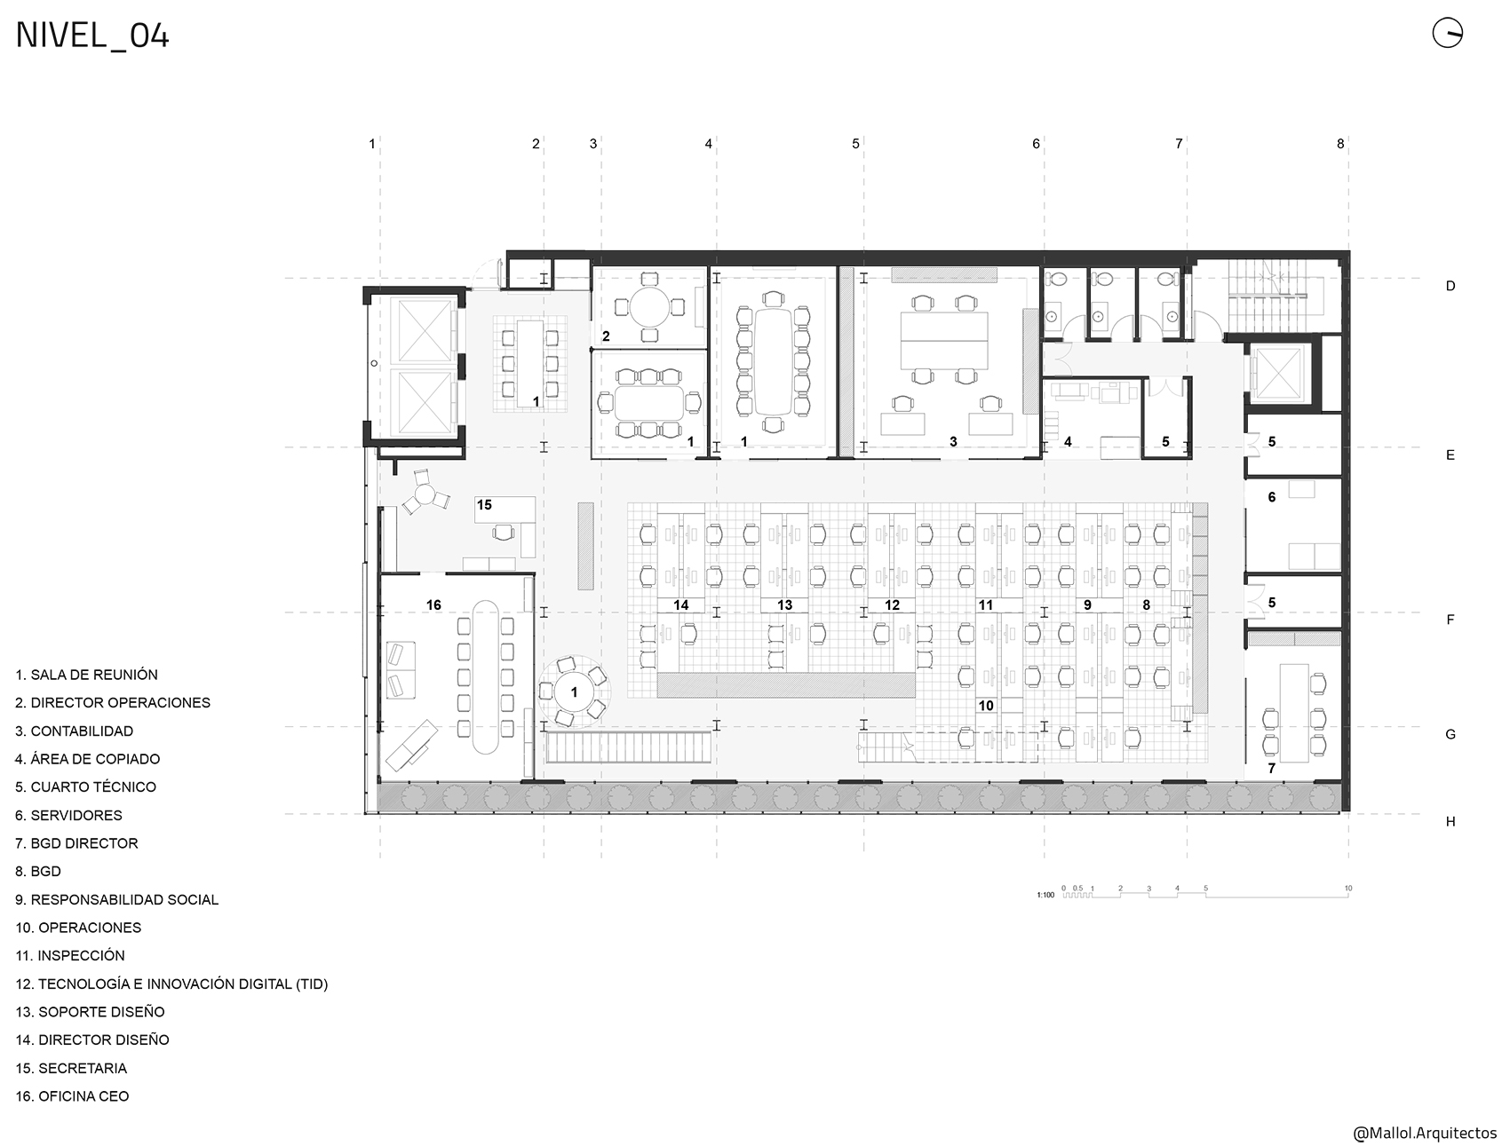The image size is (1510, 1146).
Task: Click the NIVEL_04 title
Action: (92, 36)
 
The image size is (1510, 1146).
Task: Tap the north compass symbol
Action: (1447, 34)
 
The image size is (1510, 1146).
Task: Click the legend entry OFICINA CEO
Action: (72, 1096)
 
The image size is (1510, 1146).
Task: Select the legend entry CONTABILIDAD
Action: (74, 731)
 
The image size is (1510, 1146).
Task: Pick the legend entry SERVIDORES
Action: (68, 815)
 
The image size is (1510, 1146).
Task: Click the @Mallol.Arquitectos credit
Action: (1424, 1134)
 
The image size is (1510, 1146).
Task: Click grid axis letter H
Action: (1450, 821)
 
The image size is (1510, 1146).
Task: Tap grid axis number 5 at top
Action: (856, 143)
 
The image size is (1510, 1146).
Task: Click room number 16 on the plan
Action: (433, 605)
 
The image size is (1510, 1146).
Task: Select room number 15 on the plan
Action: (484, 505)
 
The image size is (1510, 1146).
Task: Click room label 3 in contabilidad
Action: (953, 441)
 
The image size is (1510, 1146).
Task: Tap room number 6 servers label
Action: (1272, 497)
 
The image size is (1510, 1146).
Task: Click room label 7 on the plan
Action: (1271, 768)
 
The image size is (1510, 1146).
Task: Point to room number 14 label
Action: (681, 605)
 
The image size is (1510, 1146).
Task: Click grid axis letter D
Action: (1450, 286)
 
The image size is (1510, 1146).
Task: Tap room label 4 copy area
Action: (1068, 441)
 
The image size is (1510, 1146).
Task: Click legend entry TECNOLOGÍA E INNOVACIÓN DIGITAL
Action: (171, 984)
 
